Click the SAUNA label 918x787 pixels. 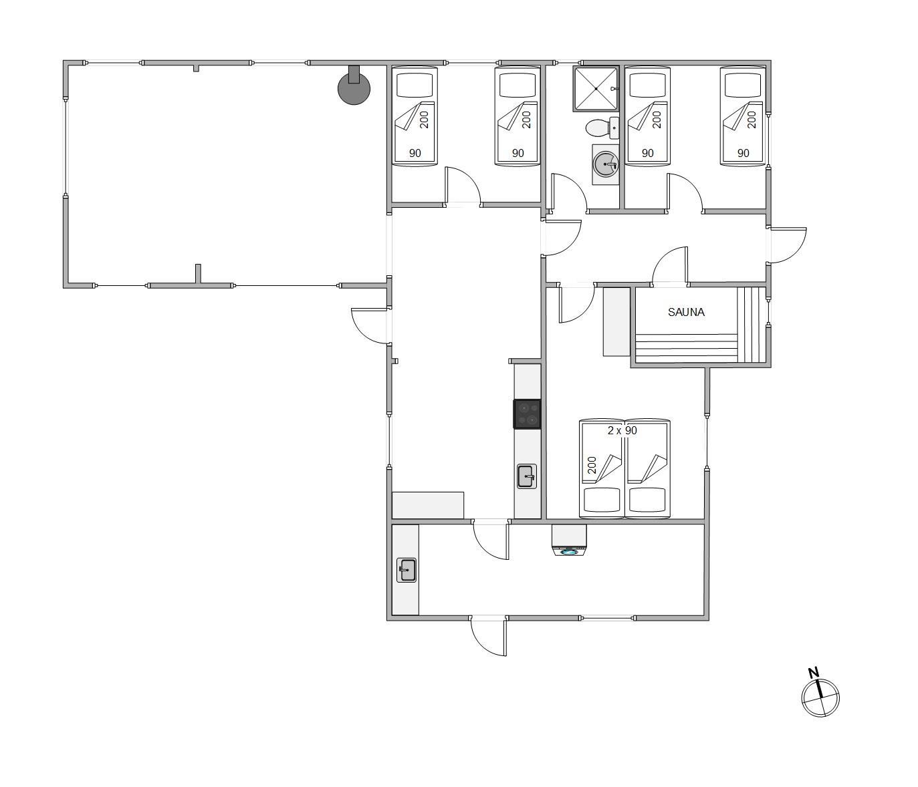click(x=686, y=312)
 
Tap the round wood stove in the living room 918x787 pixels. click(x=354, y=88)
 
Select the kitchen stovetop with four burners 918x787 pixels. click(x=527, y=414)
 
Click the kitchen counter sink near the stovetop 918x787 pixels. click(x=527, y=476)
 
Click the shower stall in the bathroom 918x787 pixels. click(x=595, y=89)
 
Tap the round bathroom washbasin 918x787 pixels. click(x=605, y=164)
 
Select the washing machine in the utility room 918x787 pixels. click(x=569, y=540)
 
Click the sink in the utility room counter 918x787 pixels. click(x=407, y=570)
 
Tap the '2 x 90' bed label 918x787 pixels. click(x=622, y=430)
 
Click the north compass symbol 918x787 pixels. click(x=820, y=698)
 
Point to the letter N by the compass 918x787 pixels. click(x=813, y=673)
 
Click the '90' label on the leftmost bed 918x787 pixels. click(x=415, y=153)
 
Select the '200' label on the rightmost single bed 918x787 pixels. click(x=752, y=120)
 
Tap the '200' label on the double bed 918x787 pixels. click(x=592, y=465)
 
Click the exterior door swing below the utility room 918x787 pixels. click(x=488, y=636)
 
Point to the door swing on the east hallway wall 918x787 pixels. click(x=788, y=245)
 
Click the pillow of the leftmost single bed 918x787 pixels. click(x=415, y=85)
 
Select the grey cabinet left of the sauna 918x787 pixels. click(x=616, y=322)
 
